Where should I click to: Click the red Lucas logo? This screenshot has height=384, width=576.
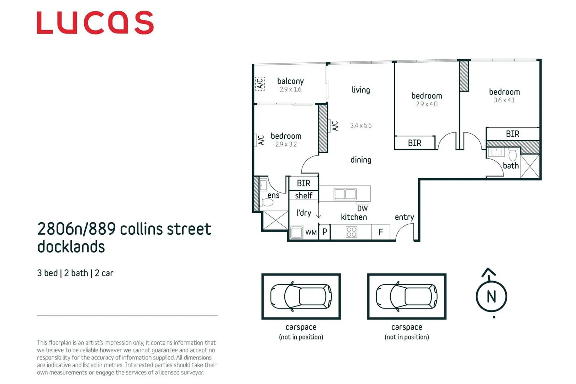pos(95,23)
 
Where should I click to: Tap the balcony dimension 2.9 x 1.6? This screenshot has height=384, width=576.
pos(290,90)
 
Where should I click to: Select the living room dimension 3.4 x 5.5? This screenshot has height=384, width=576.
pos(361,126)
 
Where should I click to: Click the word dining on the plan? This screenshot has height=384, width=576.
pos(361,160)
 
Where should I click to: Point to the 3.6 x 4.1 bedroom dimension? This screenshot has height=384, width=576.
pos(504,100)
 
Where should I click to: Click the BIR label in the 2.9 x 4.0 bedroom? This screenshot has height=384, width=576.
pos(414,143)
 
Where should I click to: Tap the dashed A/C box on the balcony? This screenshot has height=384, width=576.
pos(260,84)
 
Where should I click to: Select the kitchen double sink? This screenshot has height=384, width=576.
pos(345,194)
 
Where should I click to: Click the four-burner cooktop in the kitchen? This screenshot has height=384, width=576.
pos(351,232)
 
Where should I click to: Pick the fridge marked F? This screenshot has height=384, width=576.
pos(381,232)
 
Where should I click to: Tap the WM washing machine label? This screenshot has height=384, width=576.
pos(311,233)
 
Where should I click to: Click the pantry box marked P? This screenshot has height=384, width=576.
pos(324,232)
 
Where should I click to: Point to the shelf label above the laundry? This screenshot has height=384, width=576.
pos(303,196)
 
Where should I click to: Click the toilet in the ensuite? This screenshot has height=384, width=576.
pos(267,203)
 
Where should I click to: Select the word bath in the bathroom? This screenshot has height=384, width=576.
pos(511,166)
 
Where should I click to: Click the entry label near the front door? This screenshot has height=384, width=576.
pos(404,217)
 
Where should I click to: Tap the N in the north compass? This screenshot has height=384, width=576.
pos(491,297)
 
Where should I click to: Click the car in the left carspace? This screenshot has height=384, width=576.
pos(301,296)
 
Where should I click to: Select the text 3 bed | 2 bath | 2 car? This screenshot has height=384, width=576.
pos(75,273)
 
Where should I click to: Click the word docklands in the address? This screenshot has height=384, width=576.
pos(71,247)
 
